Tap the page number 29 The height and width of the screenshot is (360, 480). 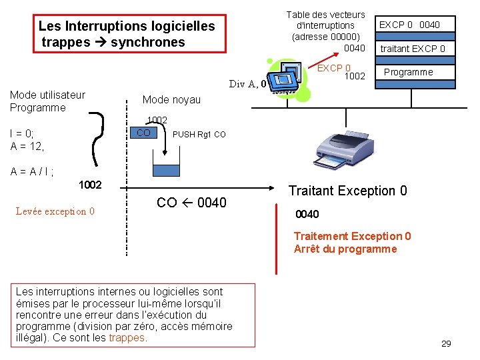click(x=446, y=343)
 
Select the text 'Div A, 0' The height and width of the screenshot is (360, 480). click(x=247, y=84)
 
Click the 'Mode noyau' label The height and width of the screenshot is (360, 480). click(x=171, y=99)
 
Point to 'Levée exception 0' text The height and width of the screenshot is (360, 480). click(x=55, y=211)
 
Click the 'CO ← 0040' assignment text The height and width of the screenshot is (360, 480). click(x=191, y=203)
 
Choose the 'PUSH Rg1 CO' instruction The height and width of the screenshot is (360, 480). click(x=199, y=134)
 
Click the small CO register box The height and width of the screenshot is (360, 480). click(x=143, y=133)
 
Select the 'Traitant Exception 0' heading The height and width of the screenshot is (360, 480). click(x=347, y=191)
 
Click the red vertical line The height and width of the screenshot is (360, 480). click(x=277, y=243)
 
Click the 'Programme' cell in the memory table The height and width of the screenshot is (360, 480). click(x=409, y=72)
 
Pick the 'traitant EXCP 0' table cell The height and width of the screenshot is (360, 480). click(x=412, y=49)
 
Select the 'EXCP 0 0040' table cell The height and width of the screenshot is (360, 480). click(x=409, y=25)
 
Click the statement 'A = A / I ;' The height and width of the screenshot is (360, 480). click(x=32, y=171)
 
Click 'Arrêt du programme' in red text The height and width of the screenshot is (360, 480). click(x=345, y=249)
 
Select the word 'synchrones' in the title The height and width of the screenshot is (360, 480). click(x=147, y=42)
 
